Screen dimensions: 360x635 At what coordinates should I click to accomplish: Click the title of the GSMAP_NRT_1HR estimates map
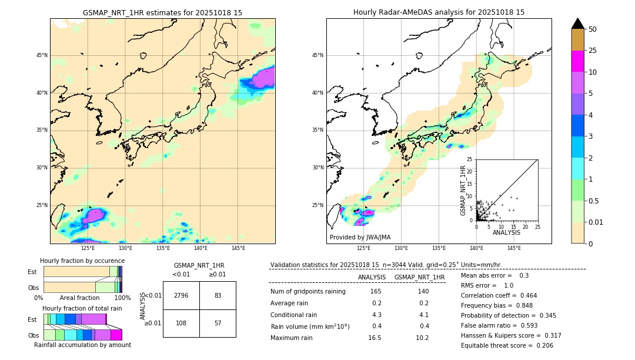click(x=162, y=12)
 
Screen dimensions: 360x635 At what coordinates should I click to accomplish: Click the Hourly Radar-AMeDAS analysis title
click(x=439, y=12)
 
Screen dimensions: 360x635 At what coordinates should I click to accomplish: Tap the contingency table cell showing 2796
click(x=181, y=295)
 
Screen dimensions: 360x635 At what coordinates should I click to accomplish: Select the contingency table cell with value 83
click(x=218, y=295)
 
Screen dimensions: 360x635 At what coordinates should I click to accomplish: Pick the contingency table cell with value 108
click(x=181, y=323)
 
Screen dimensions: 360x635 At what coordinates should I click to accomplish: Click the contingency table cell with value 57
click(x=218, y=323)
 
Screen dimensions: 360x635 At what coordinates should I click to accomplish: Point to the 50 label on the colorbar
click(x=593, y=29)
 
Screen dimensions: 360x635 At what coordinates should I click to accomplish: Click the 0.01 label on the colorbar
click(x=596, y=222)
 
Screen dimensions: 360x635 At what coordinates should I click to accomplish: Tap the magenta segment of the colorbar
click(x=577, y=61)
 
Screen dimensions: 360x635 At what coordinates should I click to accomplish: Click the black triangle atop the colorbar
click(x=577, y=24)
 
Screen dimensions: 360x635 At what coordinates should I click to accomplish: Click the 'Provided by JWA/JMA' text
click(x=360, y=237)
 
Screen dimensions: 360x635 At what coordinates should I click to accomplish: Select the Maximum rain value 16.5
click(x=375, y=338)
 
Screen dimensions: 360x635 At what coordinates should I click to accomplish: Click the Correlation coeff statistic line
click(x=499, y=295)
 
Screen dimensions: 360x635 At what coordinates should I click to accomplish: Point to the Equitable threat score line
click(x=507, y=345)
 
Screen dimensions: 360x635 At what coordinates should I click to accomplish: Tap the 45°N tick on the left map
click(x=42, y=55)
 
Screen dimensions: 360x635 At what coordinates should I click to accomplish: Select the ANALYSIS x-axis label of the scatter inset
click(x=506, y=232)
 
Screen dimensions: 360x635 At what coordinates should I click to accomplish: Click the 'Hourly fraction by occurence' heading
click(x=82, y=261)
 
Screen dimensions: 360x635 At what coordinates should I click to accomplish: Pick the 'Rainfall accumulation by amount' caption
click(x=82, y=345)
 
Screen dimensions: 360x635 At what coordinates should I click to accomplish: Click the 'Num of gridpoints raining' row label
click(x=308, y=292)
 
